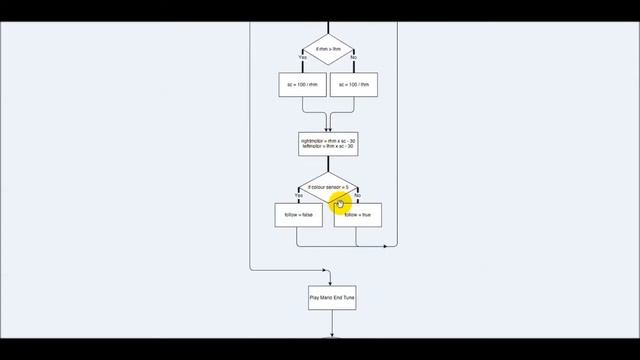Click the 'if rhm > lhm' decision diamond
pos(328,47)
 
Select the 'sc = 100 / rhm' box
pos(303,86)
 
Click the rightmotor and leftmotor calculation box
pos(328,144)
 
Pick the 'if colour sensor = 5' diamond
pos(328,187)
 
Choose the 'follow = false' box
pos(298,215)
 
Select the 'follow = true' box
pos(358,215)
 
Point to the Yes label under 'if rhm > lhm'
pos(303,57)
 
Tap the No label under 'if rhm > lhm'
pos(353,57)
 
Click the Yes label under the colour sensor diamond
pos(299,195)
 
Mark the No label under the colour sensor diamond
pos(357,195)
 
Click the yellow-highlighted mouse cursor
pos(340,205)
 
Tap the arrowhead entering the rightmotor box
pos(328,129)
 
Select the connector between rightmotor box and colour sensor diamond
pos(328,164)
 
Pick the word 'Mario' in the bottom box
pos(326,298)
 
